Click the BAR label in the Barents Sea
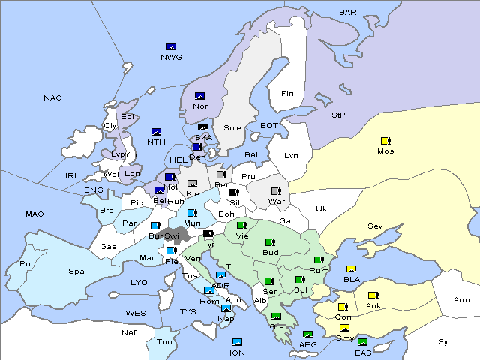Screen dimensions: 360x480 coord(348,13)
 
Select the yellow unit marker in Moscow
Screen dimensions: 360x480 coord(385,140)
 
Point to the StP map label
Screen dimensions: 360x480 coord(338,115)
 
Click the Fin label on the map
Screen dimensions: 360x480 coord(287,94)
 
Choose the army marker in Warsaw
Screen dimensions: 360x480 coord(276,191)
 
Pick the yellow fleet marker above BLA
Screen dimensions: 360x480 coord(351,269)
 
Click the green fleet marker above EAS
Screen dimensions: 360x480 coord(362,343)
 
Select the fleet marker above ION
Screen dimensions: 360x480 coord(238,342)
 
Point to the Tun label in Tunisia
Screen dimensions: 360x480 coord(164,341)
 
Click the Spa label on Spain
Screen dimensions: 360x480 coord(76,271)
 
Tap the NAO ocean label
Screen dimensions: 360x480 coord(52,98)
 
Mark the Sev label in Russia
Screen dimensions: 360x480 coord(375,226)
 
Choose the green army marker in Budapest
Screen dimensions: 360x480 coord(270,242)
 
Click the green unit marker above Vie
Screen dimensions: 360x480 coord(241,225)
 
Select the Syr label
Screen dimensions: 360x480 coord(445,341)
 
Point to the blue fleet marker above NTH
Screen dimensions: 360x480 coord(157,132)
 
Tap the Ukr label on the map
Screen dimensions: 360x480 coord(322,208)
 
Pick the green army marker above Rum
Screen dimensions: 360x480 coord(319,260)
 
